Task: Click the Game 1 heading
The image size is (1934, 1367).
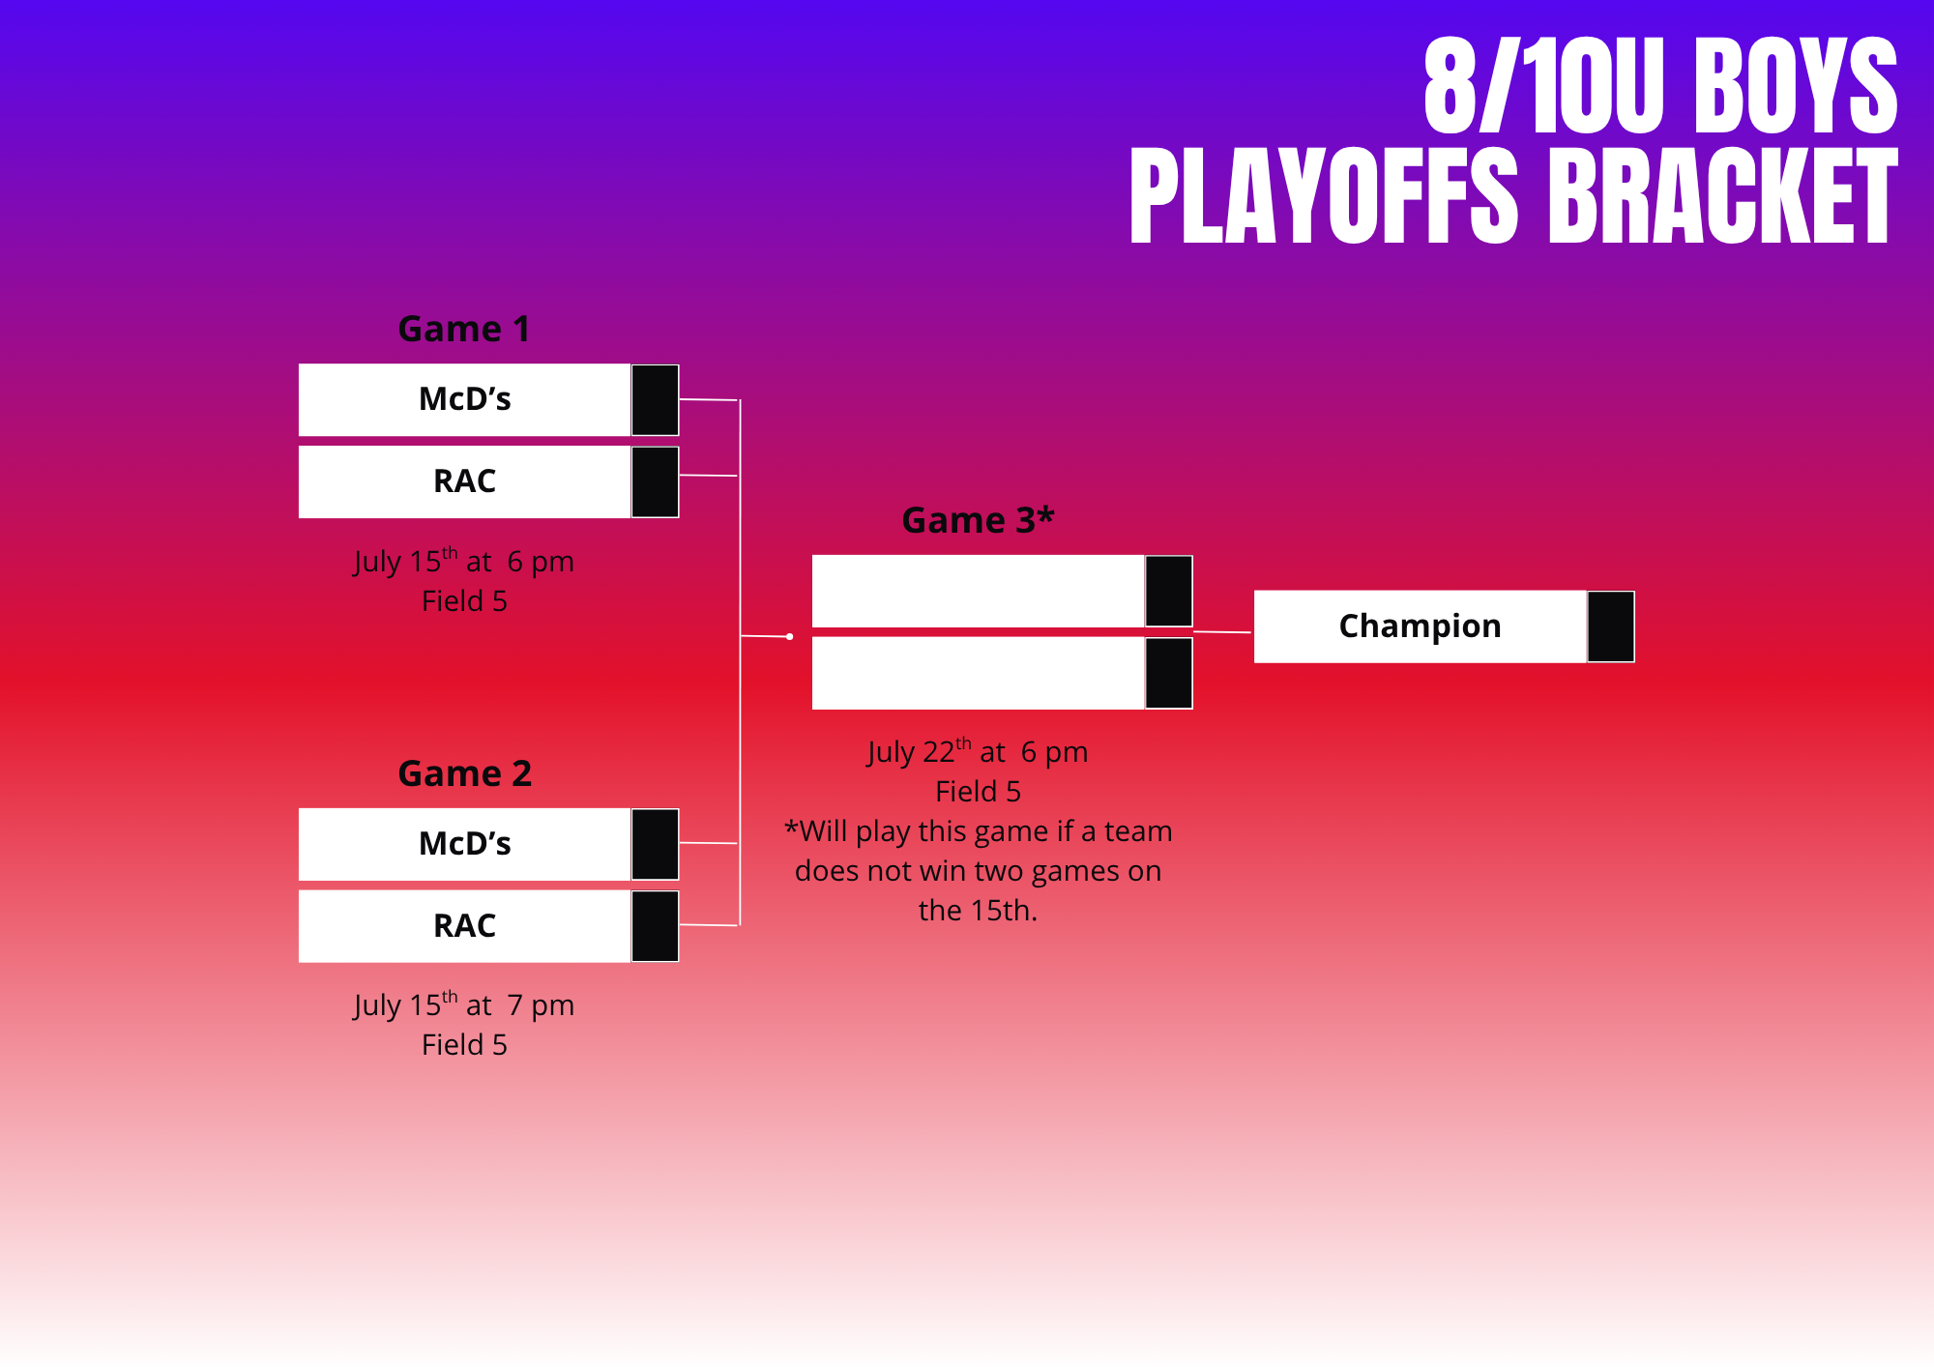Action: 464,330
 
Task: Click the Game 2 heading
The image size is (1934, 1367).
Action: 465,773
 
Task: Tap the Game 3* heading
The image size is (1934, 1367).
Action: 978,520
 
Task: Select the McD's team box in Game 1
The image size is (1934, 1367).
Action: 465,399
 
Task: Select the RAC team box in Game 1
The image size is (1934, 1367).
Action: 465,481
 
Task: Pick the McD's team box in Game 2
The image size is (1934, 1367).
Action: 465,844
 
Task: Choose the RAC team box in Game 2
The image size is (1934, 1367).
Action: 465,926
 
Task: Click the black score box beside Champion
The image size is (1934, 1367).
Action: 1611,626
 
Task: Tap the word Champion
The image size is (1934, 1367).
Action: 1420,626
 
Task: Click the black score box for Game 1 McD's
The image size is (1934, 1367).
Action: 656,400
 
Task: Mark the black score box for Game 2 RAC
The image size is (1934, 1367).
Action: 656,926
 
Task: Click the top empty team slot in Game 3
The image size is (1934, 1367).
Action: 979,591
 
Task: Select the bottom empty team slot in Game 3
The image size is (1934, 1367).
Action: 979,673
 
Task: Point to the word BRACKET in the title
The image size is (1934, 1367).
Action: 1723,196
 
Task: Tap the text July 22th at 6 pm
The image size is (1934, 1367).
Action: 978,751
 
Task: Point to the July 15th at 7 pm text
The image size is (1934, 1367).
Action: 464,1004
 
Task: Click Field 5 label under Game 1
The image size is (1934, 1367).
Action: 464,601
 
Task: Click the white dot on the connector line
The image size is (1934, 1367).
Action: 790,636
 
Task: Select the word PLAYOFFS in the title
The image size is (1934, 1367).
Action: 1325,196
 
